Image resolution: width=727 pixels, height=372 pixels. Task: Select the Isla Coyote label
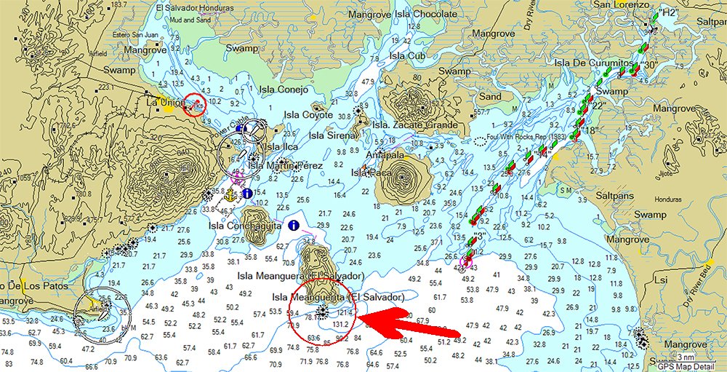coord(308,114)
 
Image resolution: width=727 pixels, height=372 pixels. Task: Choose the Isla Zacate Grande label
coord(415,124)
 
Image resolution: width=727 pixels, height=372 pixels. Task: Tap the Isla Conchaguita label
coord(243,225)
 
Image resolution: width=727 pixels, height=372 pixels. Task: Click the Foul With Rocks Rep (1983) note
coord(526,140)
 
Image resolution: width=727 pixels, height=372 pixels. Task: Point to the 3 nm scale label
coord(685,357)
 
